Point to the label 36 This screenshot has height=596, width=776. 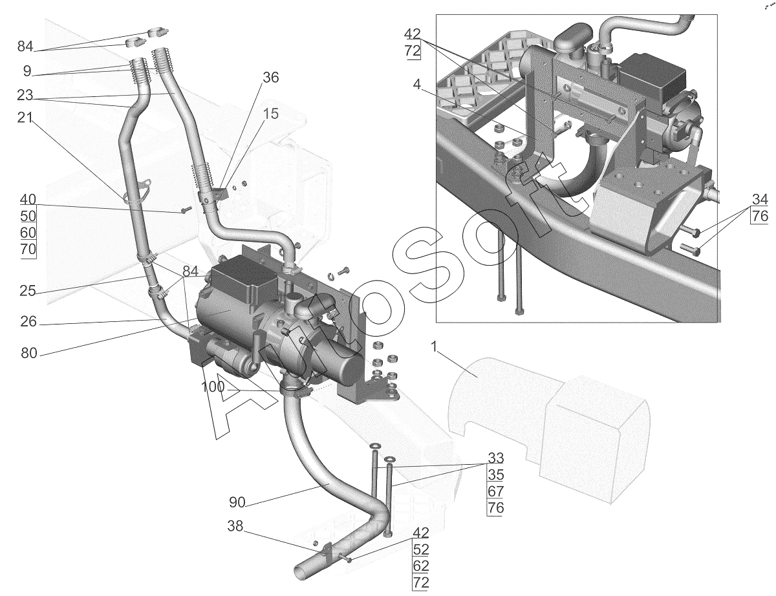[270, 78]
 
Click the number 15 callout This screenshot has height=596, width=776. [270, 114]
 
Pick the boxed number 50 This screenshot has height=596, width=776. [28, 216]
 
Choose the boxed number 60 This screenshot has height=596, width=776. [28, 233]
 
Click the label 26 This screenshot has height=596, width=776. [28, 322]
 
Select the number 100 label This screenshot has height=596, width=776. [213, 387]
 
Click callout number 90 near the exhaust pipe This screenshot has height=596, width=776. [237, 502]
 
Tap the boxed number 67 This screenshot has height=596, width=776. [495, 491]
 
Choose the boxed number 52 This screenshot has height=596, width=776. [420, 549]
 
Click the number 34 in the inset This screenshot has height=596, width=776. [760, 199]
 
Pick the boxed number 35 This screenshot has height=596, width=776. [495, 474]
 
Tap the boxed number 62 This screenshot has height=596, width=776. [420, 566]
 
